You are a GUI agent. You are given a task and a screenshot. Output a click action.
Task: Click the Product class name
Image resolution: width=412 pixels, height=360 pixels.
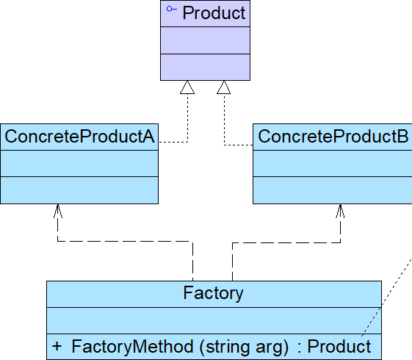(x=214, y=13)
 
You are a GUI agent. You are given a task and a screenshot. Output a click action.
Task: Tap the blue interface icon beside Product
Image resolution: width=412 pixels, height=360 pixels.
(x=172, y=10)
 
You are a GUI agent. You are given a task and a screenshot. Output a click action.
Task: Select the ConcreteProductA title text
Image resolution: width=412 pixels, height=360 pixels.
(x=79, y=137)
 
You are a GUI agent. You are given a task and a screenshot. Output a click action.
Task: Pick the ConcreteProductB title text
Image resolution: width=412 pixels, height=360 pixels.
(x=333, y=137)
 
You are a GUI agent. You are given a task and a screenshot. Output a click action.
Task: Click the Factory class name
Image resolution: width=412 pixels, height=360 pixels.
(x=213, y=293)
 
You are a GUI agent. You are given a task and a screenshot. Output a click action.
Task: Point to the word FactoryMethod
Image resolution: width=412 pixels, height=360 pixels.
(x=132, y=346)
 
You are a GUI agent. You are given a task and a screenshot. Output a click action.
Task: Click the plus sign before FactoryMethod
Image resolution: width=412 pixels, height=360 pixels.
(x=57, y=346)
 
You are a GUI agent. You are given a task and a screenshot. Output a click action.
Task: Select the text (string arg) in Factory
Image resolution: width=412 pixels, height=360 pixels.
(x=245, y=347)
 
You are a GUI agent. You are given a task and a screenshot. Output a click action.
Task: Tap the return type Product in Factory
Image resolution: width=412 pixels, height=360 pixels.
(x=339, y=346)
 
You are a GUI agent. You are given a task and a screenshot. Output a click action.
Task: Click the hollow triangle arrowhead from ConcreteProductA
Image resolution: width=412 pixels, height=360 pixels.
(x=187, y=87)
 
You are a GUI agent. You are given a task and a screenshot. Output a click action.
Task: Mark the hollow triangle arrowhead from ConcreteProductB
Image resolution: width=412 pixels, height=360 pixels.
(x=224, y=87)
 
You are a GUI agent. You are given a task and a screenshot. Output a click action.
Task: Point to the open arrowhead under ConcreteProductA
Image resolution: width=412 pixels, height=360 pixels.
(x=58, y=211)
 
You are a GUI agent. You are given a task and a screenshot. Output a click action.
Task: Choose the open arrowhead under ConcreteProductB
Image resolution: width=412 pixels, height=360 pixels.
(x=340, y=211)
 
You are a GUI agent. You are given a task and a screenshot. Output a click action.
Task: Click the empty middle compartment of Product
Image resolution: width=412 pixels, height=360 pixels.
(x=205, y=40)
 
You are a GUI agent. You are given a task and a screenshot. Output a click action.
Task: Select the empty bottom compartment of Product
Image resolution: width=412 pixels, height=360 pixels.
(x=205, y=67)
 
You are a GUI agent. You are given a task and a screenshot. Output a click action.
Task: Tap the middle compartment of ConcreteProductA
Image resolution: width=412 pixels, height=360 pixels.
(x=79, y=163)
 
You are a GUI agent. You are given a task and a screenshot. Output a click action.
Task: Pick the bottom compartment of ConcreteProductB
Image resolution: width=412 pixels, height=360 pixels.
(x=333, y=190)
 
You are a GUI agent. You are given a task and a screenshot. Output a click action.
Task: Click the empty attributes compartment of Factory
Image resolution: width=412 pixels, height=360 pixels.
(x=214, y=320)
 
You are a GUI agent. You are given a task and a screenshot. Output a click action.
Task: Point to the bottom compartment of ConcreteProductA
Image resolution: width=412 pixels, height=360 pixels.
(x=79, y=190)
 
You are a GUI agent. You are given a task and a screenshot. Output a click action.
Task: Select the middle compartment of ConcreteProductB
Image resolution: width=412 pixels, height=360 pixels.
(x=333, y=163)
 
